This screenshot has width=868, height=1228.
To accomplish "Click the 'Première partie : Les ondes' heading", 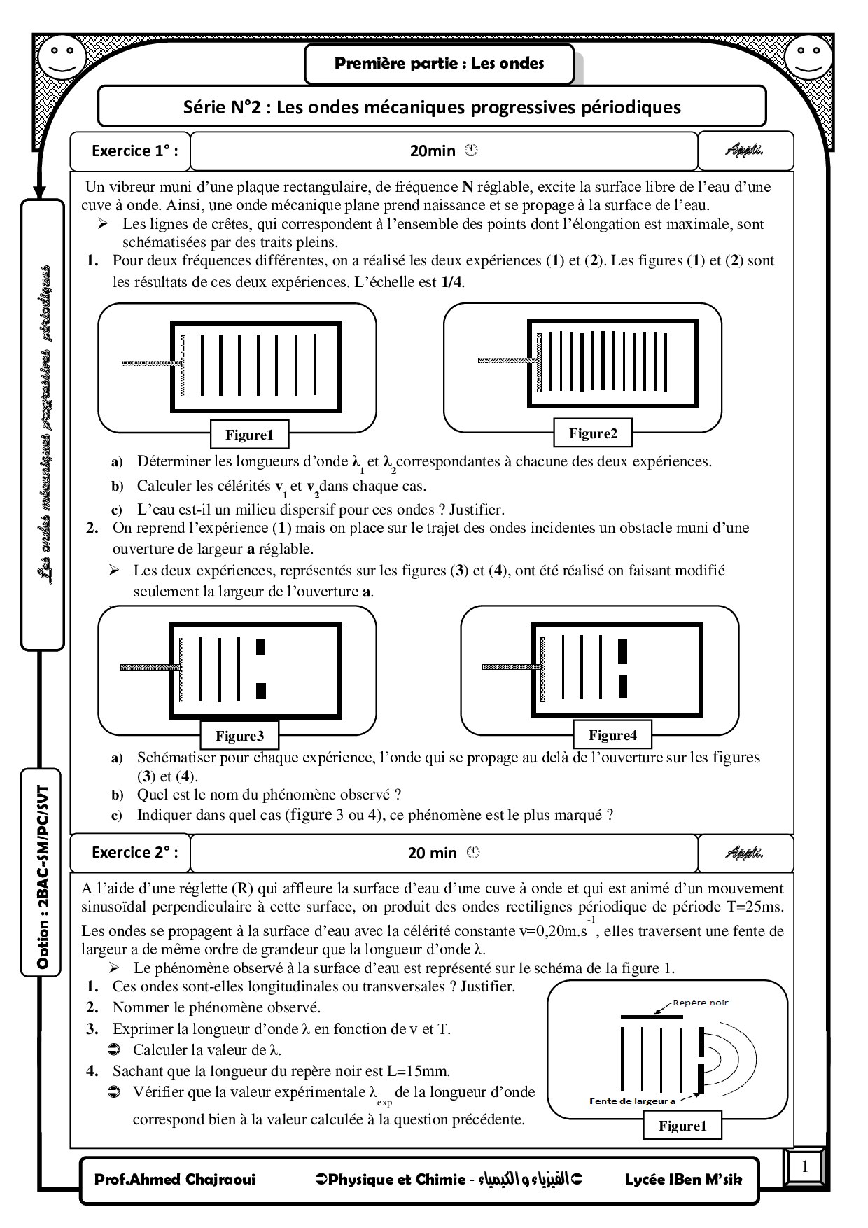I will (439, 64).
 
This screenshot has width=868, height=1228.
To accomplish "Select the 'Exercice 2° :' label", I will (134, 853).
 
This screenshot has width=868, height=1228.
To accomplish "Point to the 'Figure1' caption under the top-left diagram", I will (248, 435).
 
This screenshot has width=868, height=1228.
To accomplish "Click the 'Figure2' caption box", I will (593, 433).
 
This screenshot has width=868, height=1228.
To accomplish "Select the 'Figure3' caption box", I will (239, 736).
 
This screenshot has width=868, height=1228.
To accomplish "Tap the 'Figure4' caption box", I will (612, 735).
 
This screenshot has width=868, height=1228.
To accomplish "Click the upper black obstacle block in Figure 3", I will (261, 646).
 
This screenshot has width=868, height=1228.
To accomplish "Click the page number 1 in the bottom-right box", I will (805, 1166).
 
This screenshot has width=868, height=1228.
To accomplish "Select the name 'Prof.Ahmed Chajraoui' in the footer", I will (175, 1180).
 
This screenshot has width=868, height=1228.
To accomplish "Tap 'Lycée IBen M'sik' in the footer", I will (682, 1180).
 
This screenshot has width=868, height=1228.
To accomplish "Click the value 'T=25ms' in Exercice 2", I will (755, 907).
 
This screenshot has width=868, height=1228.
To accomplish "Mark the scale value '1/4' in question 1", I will (452, 282).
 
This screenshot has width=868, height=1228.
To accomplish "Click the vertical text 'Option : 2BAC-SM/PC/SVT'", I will (43, 871).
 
